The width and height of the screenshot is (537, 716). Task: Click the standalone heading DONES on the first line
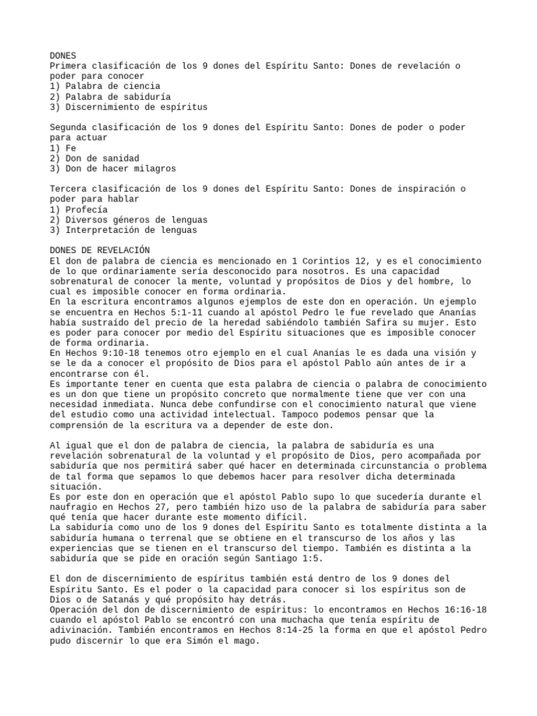63,55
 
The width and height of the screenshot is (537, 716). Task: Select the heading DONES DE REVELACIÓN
100,250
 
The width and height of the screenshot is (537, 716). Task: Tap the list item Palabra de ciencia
105,86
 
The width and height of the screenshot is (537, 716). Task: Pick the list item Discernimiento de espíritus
129,107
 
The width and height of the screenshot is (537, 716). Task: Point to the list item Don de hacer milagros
113,169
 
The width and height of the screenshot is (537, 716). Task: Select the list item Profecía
79,210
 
